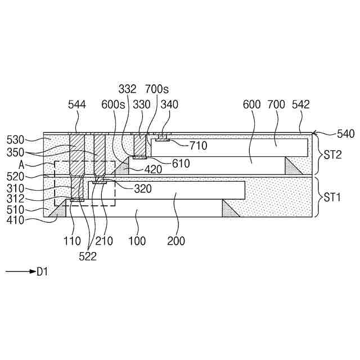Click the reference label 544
77,104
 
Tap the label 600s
112,104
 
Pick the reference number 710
198,146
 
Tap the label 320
143,189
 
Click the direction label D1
43,272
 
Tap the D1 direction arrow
20,272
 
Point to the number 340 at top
170,104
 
